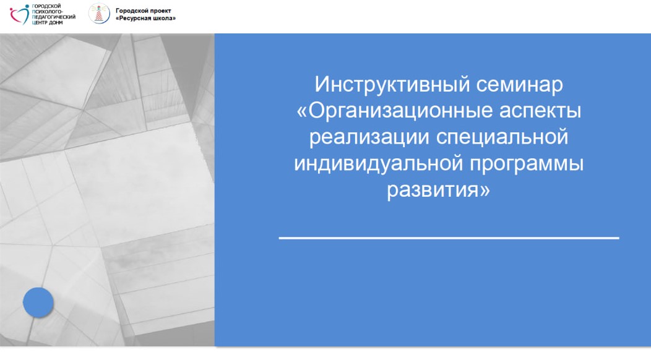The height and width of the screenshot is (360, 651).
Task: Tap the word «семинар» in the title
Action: pyautogui.click(x=519, y=85)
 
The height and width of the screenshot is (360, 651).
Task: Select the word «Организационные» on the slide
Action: pyautogui.click(x=400, y=111)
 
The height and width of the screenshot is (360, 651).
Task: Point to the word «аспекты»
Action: pyautogui.click(x=540, y=111)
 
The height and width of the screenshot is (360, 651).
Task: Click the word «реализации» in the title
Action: pyautogui.click(x=369, y=137)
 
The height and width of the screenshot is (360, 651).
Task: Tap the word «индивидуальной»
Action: pyautogui.click(x=378, y=163)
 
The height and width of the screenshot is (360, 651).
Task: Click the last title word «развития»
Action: pyautogui.click(x=433, y=190)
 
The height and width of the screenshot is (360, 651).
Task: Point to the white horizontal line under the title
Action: pyautogui.click(x=449, y=238)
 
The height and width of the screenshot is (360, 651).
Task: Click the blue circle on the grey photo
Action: pyautogui.click(x=38, y=302)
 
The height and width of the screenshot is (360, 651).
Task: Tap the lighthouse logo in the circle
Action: pyautogui.click(x=99, y=13)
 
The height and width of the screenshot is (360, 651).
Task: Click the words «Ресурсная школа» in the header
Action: pyautogui.click(x=145, y=19)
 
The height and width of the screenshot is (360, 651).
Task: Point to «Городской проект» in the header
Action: pyautogui.click(x=143, y=11)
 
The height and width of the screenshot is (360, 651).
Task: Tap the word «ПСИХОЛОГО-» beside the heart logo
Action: pyautogui.click(x=47, y=12)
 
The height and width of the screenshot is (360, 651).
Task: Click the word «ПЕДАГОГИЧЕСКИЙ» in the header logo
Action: pyautogui.click(x=54, y=17)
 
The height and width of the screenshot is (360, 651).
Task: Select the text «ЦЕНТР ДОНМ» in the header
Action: pyautogui.click(x=47, y=22)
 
